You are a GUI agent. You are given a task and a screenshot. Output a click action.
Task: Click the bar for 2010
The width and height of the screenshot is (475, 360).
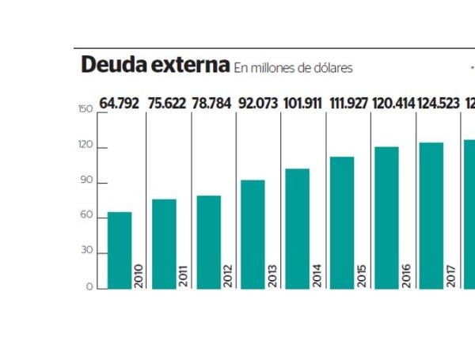tap(120, 250)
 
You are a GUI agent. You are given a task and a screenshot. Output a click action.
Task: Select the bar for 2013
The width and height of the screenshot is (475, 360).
tap(253, 234)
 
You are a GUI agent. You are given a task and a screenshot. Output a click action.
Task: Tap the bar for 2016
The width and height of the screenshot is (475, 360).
tap(386, 218)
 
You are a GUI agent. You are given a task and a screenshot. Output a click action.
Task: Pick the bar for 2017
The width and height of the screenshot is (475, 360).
tap(431, 215)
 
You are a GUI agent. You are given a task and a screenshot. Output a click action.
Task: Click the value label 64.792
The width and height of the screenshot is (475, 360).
tap(119, 104)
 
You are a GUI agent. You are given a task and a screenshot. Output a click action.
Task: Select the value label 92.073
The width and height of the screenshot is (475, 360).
tap(256, 104)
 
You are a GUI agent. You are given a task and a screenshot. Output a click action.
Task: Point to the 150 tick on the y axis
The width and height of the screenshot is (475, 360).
tap(85, 110)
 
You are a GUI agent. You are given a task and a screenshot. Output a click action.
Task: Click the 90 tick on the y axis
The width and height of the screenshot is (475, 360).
tap(87, 181)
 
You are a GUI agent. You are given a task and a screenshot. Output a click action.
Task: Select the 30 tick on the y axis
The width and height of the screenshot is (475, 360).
tap(87, 251)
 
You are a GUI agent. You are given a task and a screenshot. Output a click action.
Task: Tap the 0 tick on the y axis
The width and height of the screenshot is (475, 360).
tap(90, 286)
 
